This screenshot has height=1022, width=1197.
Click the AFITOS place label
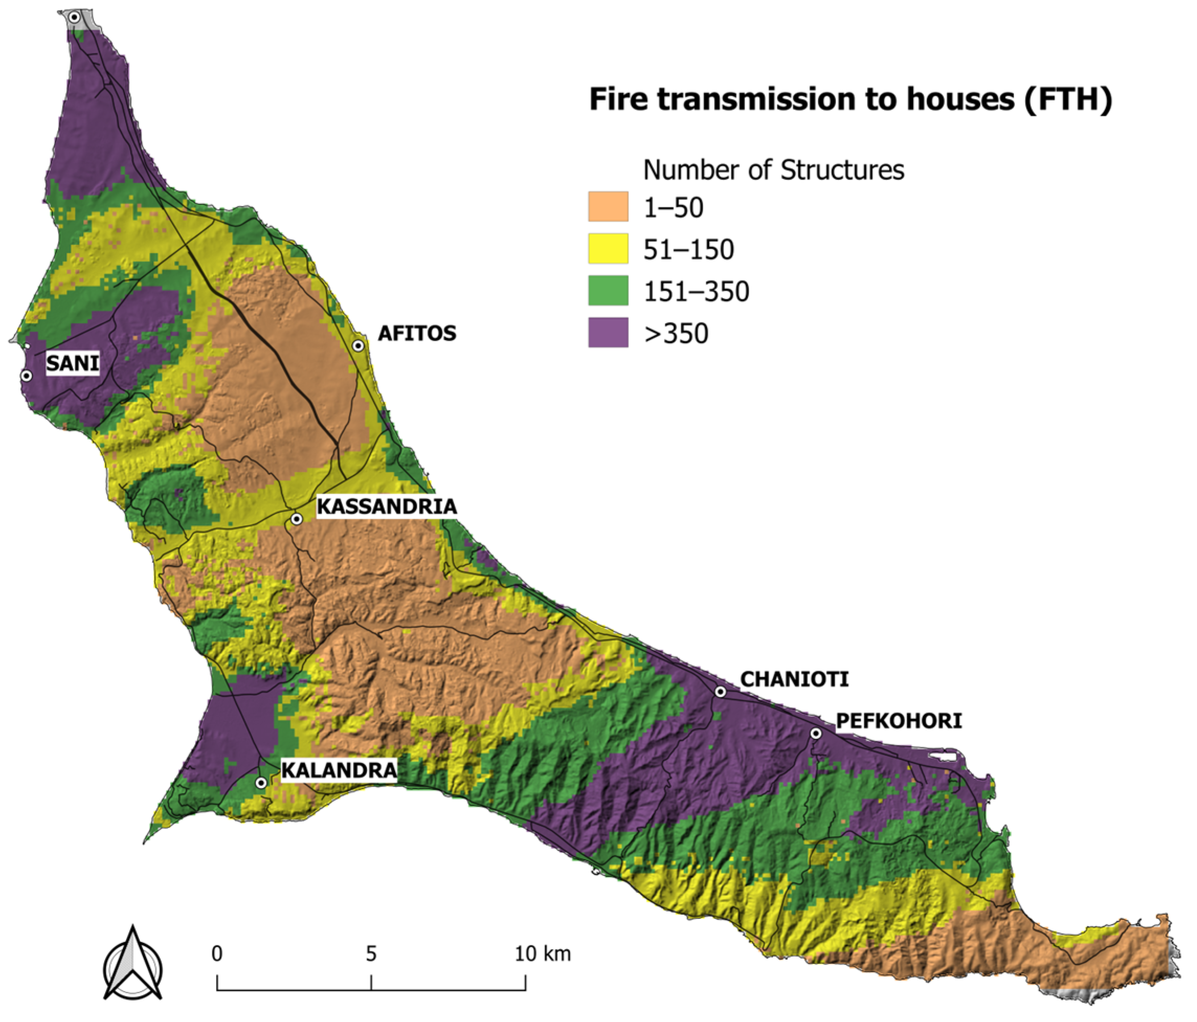point(416,333)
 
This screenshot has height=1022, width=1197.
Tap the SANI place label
point(73,363)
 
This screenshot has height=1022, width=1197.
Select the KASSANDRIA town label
point(387,507)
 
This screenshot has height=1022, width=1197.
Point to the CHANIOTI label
point(794,679)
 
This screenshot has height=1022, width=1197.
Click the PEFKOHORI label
point(899,721)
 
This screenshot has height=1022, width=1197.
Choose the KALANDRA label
point(339,770)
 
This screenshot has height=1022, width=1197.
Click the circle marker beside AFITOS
point(358,346)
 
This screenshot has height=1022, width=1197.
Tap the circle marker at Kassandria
point(296,519)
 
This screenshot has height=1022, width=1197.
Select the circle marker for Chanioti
point(720,692)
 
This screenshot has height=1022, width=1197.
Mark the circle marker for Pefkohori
point(816,733)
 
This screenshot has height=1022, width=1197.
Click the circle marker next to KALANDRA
point(261,783)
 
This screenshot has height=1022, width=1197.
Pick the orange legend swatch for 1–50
point(608,207)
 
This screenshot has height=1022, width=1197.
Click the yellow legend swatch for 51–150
point(608,249)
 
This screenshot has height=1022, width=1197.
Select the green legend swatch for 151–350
point(608,290)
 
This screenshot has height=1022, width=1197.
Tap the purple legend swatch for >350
point(608,333)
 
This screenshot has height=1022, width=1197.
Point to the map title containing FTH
point(850,99)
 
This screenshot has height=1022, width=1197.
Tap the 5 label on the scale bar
point(371,954)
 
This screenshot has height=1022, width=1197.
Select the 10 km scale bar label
point(542,954)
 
